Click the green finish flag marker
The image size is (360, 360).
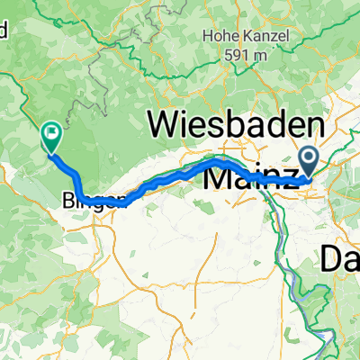click(x=50, y=137)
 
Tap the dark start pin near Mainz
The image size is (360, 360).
click(x=309, y=161)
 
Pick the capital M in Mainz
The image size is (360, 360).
click(x=220, y=177)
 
